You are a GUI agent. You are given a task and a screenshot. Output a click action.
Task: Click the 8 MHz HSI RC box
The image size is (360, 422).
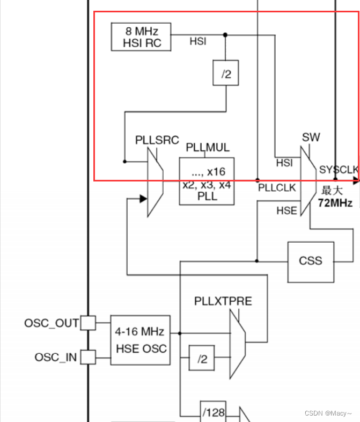point(141,37)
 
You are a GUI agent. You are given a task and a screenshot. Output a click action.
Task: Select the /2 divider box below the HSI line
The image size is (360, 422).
point(226,75)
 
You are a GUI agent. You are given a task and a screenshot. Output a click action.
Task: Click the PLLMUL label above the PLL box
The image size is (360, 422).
point(208,147)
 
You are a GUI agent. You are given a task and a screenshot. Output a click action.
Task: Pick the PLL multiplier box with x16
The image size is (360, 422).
point(207,181)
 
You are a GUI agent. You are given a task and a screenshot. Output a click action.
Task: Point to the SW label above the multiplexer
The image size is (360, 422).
point(311,137)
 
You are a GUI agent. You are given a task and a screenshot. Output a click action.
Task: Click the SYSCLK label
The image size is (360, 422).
point(339,170)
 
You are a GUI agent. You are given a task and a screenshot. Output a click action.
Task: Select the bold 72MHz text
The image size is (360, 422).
point(335,202)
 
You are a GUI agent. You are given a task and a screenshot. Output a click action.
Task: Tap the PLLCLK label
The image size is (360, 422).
point(277,187)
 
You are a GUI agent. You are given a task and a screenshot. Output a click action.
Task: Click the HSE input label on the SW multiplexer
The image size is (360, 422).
point(286,210)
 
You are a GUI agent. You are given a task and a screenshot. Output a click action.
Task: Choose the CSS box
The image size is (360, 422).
point(311,261)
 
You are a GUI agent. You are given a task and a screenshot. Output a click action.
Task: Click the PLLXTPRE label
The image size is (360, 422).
point(223,301)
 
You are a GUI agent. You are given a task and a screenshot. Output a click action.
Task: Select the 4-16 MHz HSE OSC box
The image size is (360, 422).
point(140,340)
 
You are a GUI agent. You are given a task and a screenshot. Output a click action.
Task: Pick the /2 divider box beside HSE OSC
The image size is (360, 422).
point(202,359)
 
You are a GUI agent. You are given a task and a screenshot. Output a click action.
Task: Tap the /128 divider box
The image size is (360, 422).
point(214,412)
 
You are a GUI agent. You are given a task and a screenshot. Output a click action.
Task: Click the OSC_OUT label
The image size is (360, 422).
point(52,323)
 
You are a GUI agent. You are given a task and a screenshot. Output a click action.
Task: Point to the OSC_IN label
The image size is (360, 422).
point(56,357)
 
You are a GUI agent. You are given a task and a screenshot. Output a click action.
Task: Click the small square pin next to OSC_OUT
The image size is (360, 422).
point(89,323)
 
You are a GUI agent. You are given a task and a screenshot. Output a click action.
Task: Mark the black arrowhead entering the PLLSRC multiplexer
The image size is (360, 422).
point(143,199)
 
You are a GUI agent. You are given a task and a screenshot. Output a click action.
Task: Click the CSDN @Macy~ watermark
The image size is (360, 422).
point(328,413)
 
